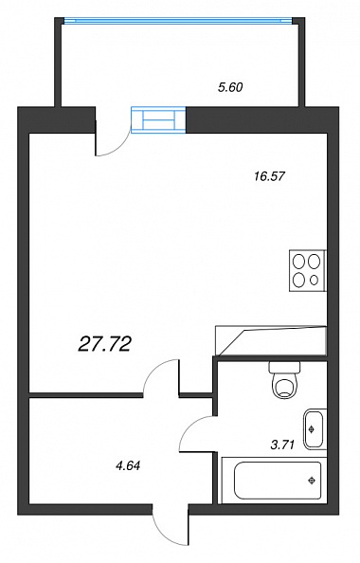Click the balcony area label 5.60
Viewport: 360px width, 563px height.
coord(230,87)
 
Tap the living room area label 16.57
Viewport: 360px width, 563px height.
coord(269,176)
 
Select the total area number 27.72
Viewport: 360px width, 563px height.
coord(104,345)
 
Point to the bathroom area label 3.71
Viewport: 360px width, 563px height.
coord(282,445)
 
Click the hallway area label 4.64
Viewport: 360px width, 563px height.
coord(127,466)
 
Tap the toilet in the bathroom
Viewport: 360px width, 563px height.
coord(284,379)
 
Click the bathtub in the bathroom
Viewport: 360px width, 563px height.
coord(275,480)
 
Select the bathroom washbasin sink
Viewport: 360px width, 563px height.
coord(315,429)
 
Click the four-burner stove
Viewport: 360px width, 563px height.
coord(307,270)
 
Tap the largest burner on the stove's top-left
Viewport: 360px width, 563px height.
coord(298,261)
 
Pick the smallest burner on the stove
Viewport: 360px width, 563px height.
coord(315,280)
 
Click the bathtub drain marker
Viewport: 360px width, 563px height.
coord(312,480)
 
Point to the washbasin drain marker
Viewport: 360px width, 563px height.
coord(311,428)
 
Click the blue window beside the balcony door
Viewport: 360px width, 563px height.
coord(158,120)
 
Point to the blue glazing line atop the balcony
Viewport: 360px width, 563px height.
coord(178,21)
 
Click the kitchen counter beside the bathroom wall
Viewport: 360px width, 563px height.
coord(270,340)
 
